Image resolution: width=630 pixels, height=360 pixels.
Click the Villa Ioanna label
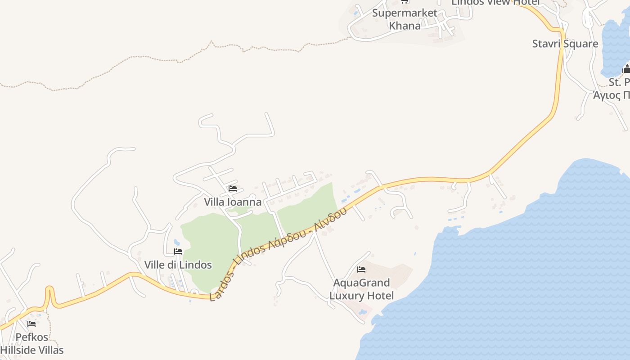[233, 202]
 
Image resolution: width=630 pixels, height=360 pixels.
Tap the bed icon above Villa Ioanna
[233, 189]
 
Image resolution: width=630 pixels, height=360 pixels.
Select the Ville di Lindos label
[178, 265]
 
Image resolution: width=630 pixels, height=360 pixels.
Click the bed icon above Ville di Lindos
[178, 252]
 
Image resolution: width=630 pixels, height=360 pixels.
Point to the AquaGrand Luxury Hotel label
[361, 289]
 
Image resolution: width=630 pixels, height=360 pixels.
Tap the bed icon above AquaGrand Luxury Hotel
[361, 270]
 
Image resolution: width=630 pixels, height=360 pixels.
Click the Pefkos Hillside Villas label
[31, 343]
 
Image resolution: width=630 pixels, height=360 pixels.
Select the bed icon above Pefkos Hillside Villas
[31, 324]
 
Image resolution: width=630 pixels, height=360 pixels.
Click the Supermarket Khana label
[405, 19]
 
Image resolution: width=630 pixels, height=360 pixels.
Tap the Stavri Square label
[565, 44]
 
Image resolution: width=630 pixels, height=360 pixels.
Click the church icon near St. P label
[626, 69]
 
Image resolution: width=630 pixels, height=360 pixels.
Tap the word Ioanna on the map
[244, 202]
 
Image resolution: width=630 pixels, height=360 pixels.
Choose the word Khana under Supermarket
[405, 26]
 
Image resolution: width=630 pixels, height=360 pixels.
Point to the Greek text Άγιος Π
[612, 95]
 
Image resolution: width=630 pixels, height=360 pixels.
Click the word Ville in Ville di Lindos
[154, 265]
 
